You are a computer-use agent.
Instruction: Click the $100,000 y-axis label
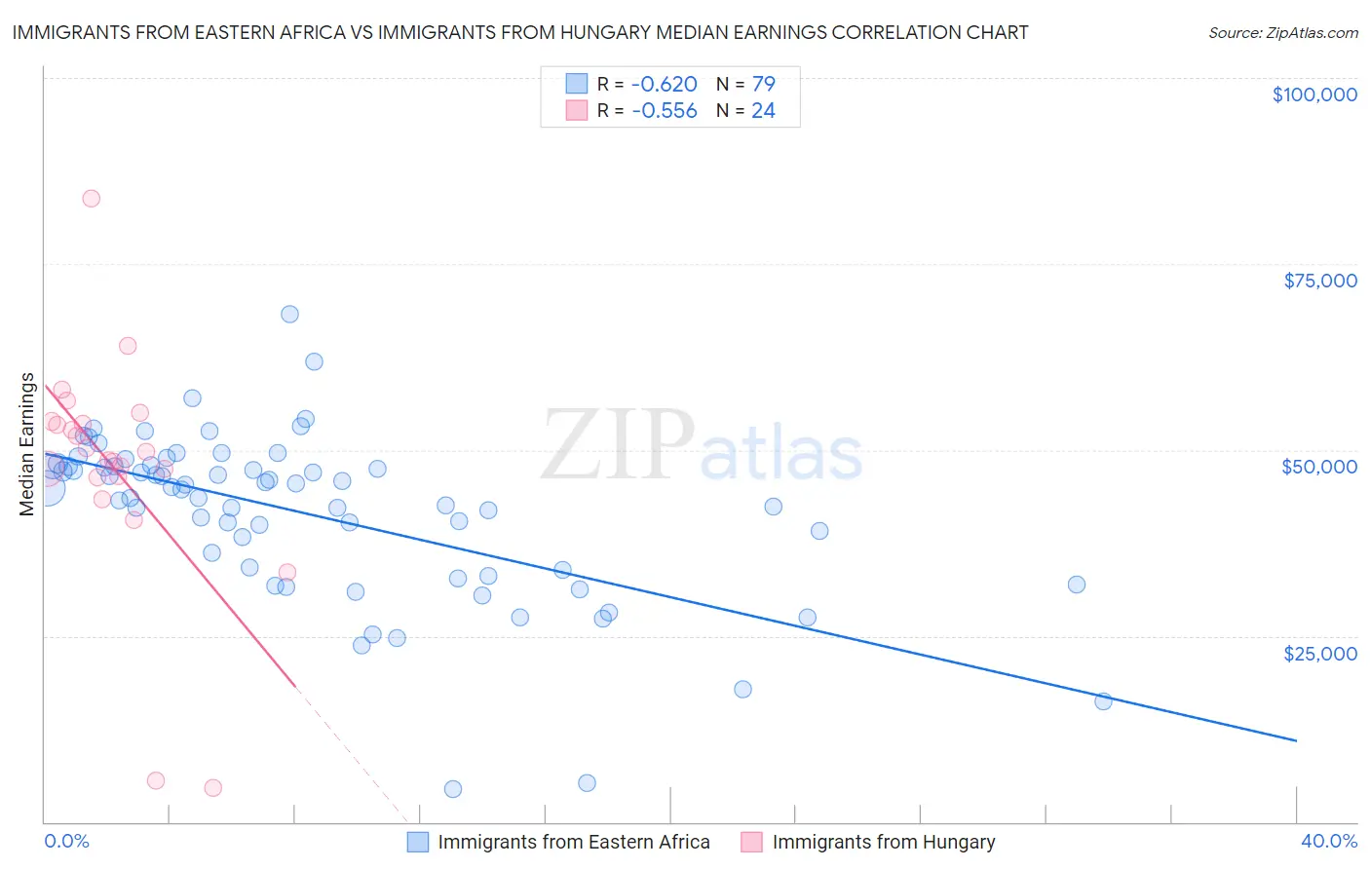pyautogui.click(x=1313, y=94)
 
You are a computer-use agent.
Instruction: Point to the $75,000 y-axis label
pyautogui.click(x=1319, y=281)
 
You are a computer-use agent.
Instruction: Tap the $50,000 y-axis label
pyautogui.click(x=1318, y=467)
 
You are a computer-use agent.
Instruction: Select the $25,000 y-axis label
pyautogui.click(x=1319, y=653)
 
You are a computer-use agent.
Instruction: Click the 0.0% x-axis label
pyautogui.click(x=66, y=841)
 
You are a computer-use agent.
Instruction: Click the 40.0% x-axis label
pyautogui.click(x=1328, y=841)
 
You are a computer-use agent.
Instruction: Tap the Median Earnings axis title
pyautogui.click(x=27, y=444)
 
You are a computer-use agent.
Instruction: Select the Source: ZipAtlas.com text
pyautogui.click(x=1282, y=33)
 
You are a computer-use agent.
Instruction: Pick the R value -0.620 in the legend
pyautogui.click(x=665, y=85)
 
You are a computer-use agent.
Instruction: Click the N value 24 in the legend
pyautogui.click(x=763, y=111)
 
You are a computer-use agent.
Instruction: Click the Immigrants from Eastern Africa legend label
pyautogui.click(x=574, y=842)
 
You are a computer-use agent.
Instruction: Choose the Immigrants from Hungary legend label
pyautogui.click(x=884, y=842)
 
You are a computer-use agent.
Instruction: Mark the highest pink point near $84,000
pyautogui.click(x=91, y=198)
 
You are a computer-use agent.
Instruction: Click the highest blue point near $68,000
pyautogui.click(x=289, y=314)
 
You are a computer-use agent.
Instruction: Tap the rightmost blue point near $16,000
pyautogui.click(x=1103, y=701)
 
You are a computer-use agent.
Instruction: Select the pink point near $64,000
pyautogui.click(x=128, y=346)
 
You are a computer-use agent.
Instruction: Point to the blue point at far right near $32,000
pyautogui.click(x=1077, y=585)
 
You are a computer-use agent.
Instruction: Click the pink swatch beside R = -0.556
pyautogui.click(x=577, y=111)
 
